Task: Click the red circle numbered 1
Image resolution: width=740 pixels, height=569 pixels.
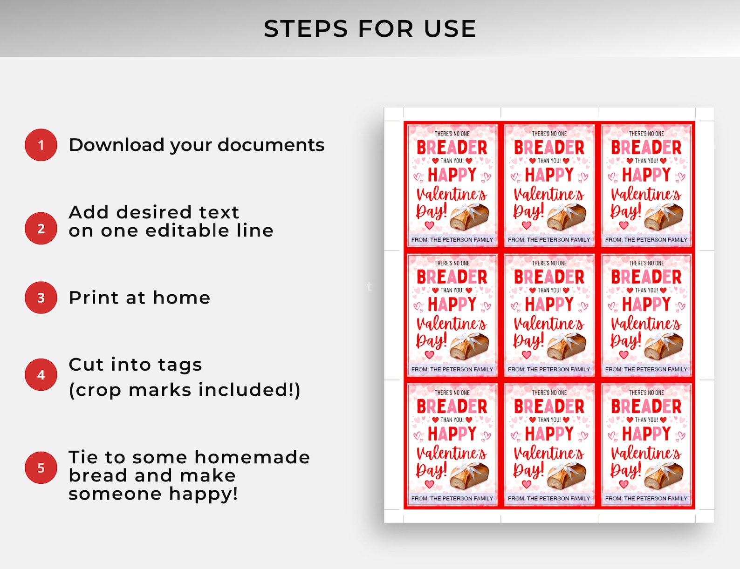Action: tap(41, 145)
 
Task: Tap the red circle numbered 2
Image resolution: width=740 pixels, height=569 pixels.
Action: tap(41, 228)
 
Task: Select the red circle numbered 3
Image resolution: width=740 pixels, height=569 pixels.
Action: tap(41, 298)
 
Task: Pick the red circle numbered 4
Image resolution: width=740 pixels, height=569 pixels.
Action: tap(41, 374)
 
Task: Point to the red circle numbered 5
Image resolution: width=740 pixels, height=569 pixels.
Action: tap(41, 467)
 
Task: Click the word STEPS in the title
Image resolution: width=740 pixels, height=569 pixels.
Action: tap(306, 28)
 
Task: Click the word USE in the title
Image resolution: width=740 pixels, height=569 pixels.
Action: tap(450, 28)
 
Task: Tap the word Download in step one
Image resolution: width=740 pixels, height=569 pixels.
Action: tap(117, 145)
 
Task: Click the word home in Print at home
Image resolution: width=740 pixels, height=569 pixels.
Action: tap(182, 298)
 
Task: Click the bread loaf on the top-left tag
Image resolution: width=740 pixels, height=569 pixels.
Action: tap(469, 216)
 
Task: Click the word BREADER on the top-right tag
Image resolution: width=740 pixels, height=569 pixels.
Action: tap(646, 148)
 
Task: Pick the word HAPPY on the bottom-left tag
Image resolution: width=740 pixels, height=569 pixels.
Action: tap(452, 434)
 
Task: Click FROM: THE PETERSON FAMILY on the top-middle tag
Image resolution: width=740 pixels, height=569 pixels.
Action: tap(549, 240)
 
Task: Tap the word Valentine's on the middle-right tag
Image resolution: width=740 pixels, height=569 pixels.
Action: tap(646, 324)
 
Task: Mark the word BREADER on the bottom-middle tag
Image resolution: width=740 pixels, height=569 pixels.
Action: tap(549, 406)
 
